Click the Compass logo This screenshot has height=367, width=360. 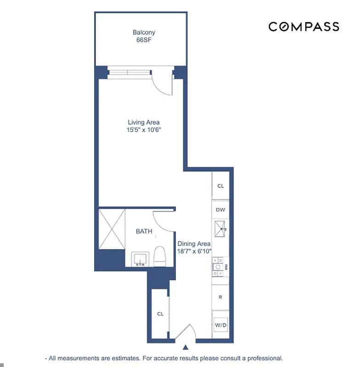(x=304, y=27)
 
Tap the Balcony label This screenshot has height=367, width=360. (x=144, y=33)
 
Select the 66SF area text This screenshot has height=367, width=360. (x=144, y=40)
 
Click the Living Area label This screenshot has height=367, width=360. (x=144, y=122)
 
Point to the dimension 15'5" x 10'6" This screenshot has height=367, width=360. (x=144, y=130)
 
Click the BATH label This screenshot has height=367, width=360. (x=144, y=231)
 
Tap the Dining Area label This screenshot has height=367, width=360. (x=194, y=244)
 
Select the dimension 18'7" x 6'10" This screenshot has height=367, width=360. (x=194, y=251)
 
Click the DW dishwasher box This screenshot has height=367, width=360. (x=220, y=210)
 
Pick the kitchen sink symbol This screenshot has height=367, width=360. (x=220, y=229)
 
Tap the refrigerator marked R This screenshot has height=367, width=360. (x=220, y=297)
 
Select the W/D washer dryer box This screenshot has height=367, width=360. (x=220, y=325)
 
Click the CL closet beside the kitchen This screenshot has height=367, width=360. (x=220, y=186)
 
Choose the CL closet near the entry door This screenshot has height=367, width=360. (x=160, y=314)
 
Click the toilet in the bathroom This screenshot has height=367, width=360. (x=160, y=257)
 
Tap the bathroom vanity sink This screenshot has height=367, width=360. (x=139, y=259)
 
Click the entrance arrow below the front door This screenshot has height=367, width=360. (x=186, y=348)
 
